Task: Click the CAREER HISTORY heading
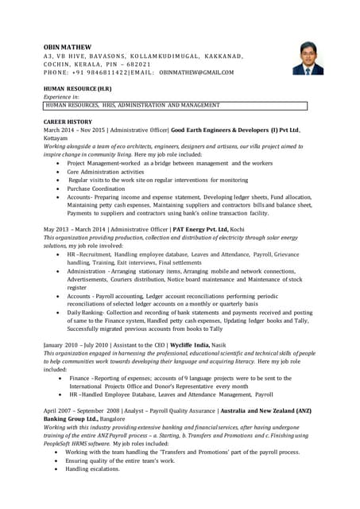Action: click(x=68, y=121)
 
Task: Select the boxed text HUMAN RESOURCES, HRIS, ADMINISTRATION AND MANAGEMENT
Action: click(x=132, y=105)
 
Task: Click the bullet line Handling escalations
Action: click(x=92, y=469)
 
